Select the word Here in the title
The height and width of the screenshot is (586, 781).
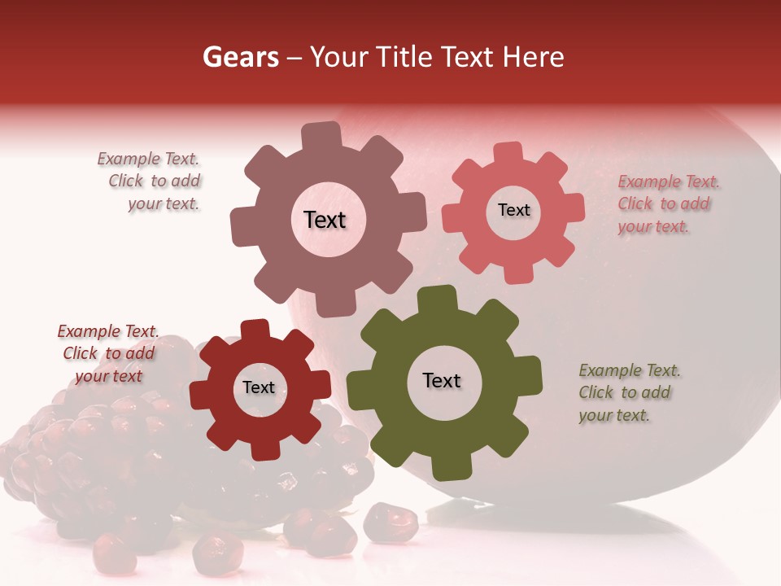point(533,57)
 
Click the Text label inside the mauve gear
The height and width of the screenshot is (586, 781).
point(325,220)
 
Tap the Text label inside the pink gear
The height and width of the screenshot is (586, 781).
point(513,210)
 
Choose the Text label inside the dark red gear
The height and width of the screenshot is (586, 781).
point(259,387)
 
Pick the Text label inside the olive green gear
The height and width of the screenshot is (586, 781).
point(442,380)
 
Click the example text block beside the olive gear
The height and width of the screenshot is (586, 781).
point(629,393)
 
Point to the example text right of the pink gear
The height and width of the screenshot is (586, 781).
point(668,204)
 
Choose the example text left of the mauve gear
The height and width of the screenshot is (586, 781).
point(151,181)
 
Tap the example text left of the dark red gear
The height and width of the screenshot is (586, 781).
point(107,353)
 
